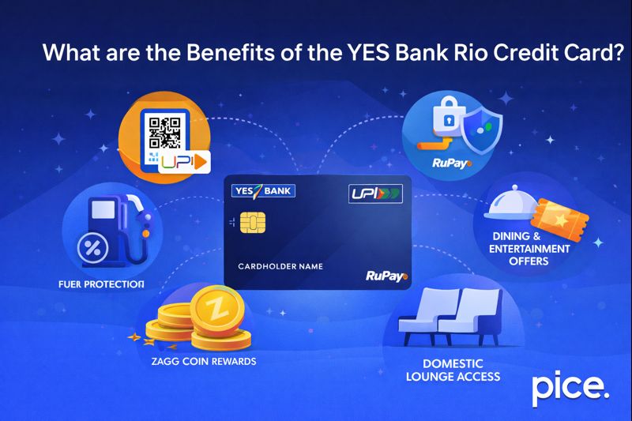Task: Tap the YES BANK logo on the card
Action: point(263,191)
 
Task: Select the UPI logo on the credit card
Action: point(375,193)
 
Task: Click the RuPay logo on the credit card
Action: point(386,276)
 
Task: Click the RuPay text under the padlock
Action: point(451,164)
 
